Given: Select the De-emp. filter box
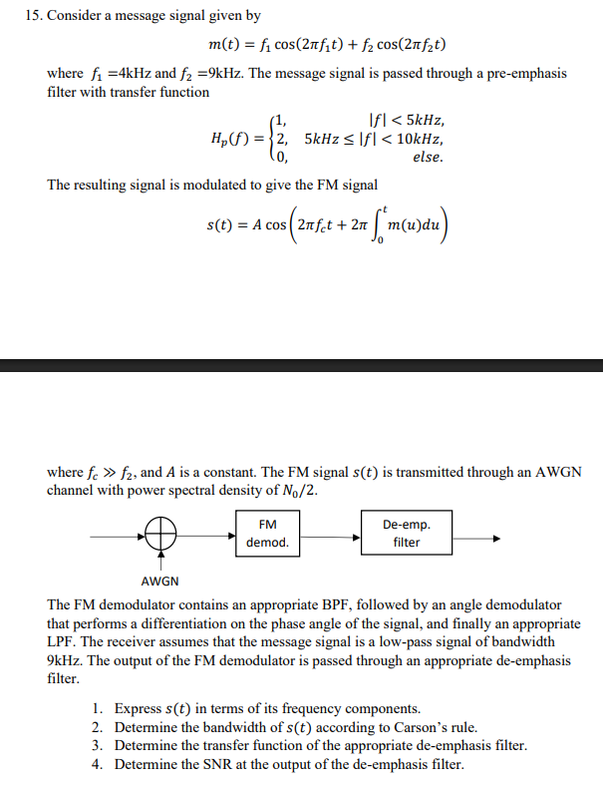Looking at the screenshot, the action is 406,533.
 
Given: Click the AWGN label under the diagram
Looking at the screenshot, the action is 160,582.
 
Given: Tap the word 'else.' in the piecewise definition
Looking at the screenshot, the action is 428,158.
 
